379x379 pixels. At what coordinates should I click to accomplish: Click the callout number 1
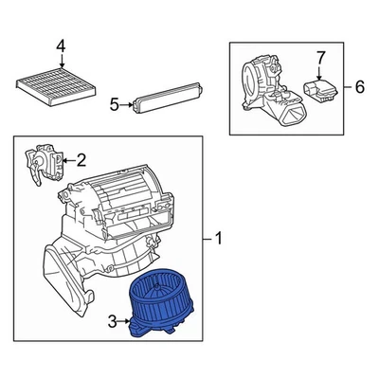pyautogui.click(x=221, y=238)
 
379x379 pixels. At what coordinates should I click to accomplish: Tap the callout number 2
pyautogui.click(x=81, y=159)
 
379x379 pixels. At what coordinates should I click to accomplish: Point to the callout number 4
pyautogui.click(x=61, y=45)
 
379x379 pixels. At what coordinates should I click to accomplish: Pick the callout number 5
pyautogui.click(x=114, y=104)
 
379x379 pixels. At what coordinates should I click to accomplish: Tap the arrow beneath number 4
pyautogui.click(x=61, y=59)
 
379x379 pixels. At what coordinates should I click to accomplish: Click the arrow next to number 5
pyautogui.click(x=127, y=104)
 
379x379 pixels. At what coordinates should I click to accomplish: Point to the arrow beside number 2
pyautogui.click(x=68, y=159)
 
